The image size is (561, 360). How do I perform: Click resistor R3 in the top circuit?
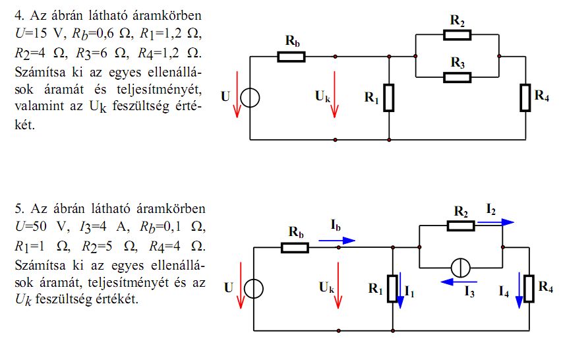point(458,77)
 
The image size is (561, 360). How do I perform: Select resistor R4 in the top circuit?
point(525,98)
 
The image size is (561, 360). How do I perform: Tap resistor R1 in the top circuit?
point(389,98)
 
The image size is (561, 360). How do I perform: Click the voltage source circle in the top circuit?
point(250,98)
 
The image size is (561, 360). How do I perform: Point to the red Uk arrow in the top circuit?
point(336,99)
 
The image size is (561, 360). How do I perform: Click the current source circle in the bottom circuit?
point(459,268)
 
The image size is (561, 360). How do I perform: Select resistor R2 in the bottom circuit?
point(460,225)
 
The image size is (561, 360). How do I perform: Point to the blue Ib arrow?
point(336,241)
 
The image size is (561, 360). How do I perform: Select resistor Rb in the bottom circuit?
point(295,247)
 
